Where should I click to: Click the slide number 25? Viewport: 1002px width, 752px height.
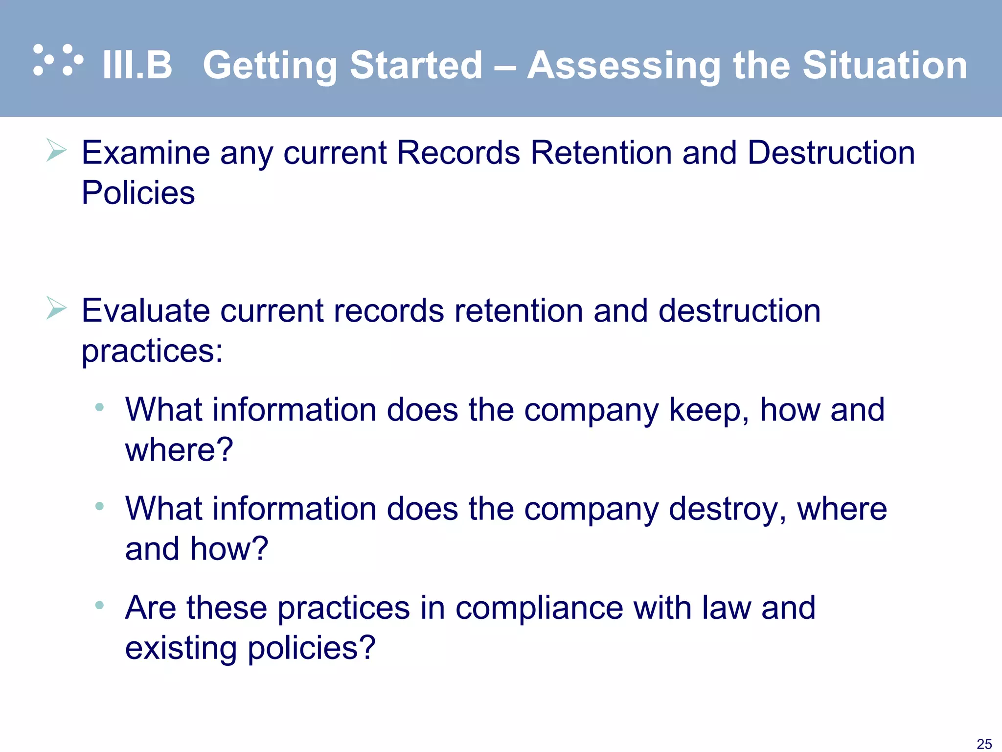point(984,744)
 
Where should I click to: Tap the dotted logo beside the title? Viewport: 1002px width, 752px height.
point(58,60)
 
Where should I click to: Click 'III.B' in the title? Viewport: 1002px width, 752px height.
point(137,65)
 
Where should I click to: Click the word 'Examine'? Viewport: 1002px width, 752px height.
point(145,153)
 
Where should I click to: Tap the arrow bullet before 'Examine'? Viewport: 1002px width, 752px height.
point(56,150)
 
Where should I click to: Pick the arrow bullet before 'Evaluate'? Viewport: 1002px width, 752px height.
point(56,308)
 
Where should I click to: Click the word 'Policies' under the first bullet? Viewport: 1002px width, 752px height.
point(138,192)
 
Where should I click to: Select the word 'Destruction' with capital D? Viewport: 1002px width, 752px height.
point(831,153)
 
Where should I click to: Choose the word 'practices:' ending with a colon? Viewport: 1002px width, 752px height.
point(152,352)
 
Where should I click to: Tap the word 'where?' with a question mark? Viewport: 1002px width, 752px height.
point(179,449)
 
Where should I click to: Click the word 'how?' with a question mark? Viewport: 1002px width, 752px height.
point(229,548)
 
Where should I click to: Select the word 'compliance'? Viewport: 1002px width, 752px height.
point(539,608)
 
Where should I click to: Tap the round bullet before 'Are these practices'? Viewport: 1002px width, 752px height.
point(99,606)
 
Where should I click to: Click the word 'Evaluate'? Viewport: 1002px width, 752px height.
point(145,311)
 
